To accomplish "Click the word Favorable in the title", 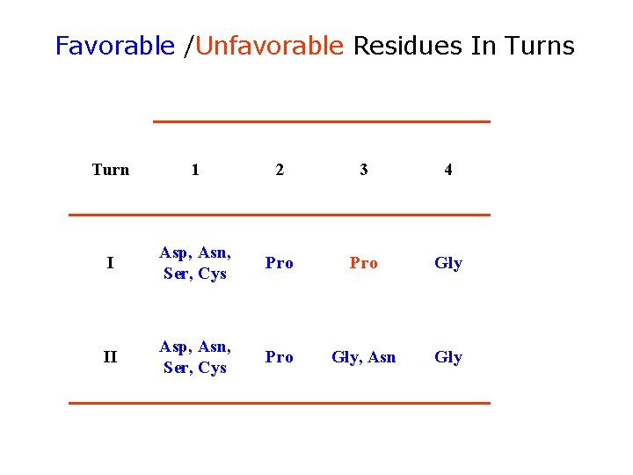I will (114, 46).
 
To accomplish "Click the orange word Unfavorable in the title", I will (269, 46).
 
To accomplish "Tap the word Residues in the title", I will (408, 46).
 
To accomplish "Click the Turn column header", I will (111, 170).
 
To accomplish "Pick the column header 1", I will (195, 170).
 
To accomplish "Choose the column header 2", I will (280, 170).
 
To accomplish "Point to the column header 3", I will (364, 170).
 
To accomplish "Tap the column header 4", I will (448, 170).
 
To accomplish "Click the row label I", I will (110, 263).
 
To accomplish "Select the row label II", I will (110, 357).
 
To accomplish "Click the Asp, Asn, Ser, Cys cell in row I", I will (195, 263).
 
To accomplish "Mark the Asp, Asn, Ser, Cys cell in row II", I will (195, 357).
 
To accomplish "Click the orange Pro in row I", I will (364, 263).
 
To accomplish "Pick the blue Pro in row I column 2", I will (280, 263).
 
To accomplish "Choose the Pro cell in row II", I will (280, 357).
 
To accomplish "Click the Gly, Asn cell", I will (364, 357).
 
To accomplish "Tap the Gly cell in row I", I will (448, 263).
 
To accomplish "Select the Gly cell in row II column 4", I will (448, 357).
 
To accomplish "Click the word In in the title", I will (483, 46).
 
